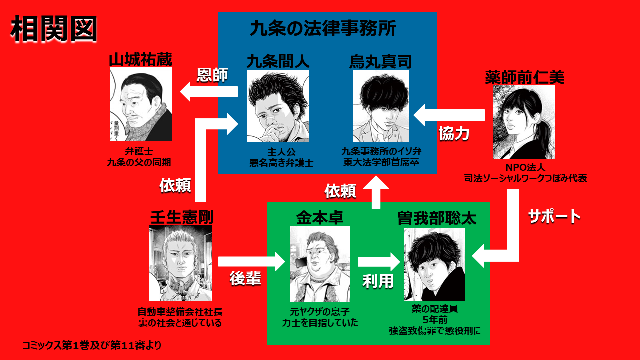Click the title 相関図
(53, 28)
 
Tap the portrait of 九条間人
(278, 106)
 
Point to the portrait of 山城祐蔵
(141, 104)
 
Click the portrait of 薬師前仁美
(524, 122)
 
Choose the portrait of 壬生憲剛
(180, 263)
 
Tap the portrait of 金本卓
(319, 264)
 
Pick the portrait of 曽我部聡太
(434, 265)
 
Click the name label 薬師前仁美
(524, 77)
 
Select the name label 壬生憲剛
(181, 217)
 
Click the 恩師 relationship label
(212, 75)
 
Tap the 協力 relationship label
(454, 133)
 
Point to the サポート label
(555, 216)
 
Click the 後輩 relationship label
(245, 279)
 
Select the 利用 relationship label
(378, 281)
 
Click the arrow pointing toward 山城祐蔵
(208, 92)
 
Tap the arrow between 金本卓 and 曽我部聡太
(379, 262)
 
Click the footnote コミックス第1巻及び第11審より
(92, 345)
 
